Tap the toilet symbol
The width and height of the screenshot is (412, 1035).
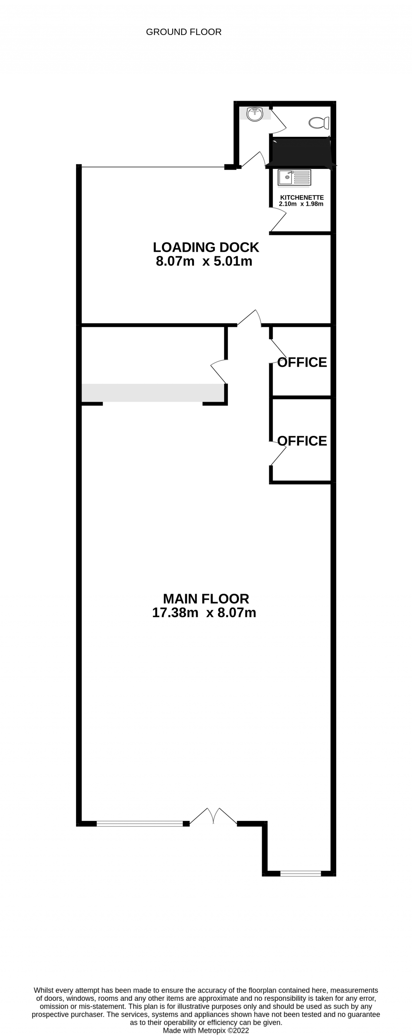tap(319, 123)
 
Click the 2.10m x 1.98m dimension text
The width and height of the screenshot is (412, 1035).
tap(301, 204)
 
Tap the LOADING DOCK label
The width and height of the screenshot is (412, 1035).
tap(206, 247)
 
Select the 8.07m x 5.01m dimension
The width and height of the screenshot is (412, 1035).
tap(204, 261)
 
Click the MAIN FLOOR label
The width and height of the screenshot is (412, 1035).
tap(206, 599)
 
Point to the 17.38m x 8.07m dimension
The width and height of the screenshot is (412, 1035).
tap(204, 613)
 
